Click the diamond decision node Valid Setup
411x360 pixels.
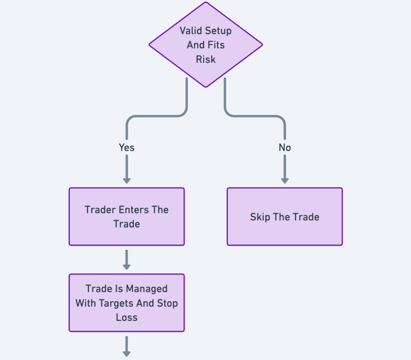(x=205, y=44)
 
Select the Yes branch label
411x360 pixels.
(x=126, y=148)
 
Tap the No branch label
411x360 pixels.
(x=285, y=148)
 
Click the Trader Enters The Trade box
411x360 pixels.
(x=126, y=216)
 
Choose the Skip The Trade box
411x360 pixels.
(x=285, y=216)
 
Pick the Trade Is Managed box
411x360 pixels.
(x=126, y=303)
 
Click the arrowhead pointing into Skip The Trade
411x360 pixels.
(x=285, y=180)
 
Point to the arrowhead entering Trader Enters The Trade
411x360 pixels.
(x=126, y=180)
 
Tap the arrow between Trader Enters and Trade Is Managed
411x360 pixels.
(x=126, y=260)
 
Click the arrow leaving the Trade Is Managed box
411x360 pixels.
(x=126, y=347)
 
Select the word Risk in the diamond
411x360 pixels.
(x=205, y=59)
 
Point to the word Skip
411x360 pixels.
(x=260, y=217)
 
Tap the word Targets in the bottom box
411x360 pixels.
(x=114, y=303)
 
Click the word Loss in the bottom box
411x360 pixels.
(x=126, y=318)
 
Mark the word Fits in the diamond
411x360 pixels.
(x=216, y=45)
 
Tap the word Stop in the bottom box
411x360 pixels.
(x=167, y=303)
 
